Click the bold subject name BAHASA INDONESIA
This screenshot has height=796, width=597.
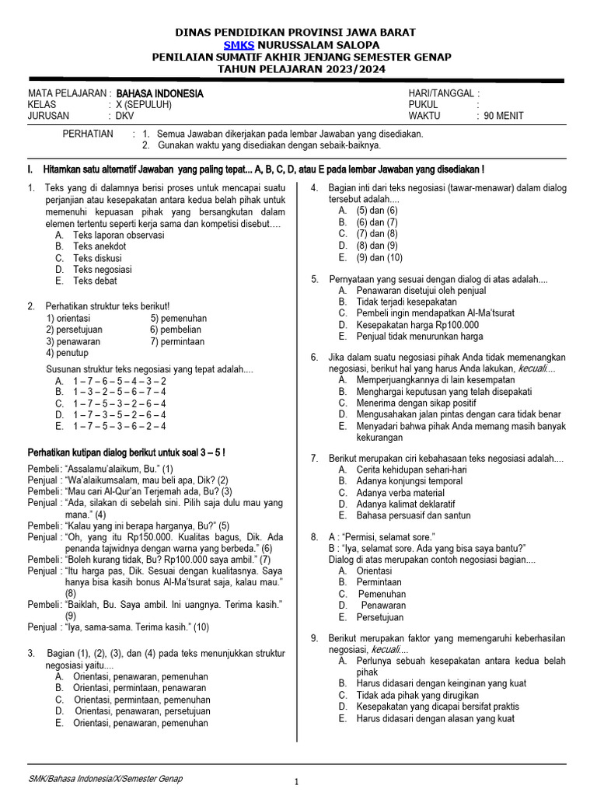(x=160, y=93)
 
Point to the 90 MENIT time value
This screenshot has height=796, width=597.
(x=504, y=116)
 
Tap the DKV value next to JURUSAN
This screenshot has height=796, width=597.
(x=125, y=116)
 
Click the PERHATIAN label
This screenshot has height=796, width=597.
(x=88, y=134)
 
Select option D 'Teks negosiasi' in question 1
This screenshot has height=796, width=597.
(x=102, y=270)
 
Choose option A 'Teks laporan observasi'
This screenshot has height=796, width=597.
(x=118, y=235)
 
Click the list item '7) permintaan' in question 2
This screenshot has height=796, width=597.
(x=177, y=341)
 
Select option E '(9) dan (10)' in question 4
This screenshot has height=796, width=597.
(x=379, y=257)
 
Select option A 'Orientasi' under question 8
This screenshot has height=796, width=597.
(x=373, y=571)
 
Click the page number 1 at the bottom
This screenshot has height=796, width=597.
(x=295, y=783)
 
